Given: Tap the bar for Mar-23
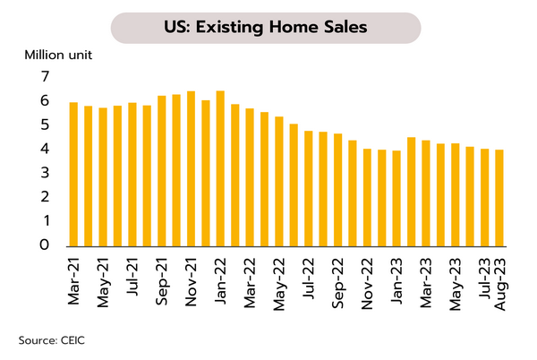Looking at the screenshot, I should click(425, 193).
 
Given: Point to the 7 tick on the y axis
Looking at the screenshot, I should click(44, 77).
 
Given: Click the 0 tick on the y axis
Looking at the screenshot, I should click(44, 245).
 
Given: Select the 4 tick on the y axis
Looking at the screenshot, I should click(44, 149).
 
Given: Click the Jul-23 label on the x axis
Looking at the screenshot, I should click(484, 281).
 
